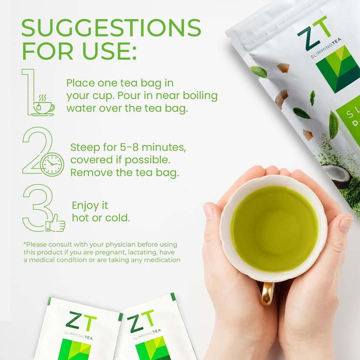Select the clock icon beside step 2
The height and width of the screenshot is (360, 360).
click(x=52, y=165)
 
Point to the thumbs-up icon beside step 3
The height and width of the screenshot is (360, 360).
click(x=56, y=223)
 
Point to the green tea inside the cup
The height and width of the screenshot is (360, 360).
click(x=274, y=229)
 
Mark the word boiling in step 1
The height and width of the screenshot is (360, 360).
click(x=199, y=96)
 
